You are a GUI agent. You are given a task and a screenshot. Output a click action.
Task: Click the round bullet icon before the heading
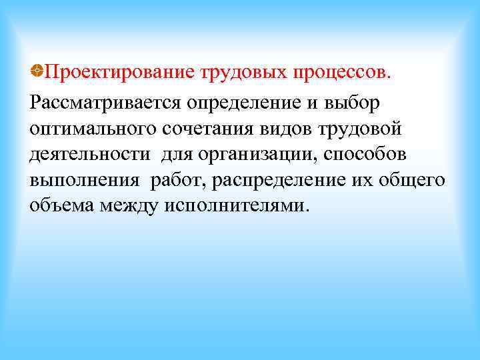coord(37,71)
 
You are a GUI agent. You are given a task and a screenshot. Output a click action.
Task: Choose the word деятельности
coord(89,154)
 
